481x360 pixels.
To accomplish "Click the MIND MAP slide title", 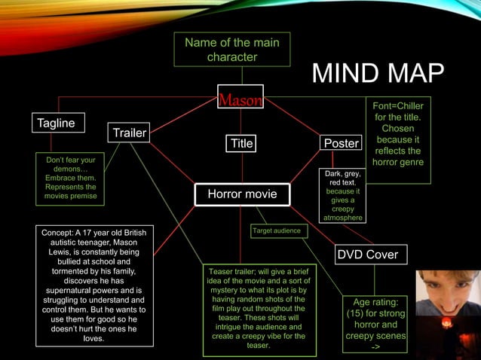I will point(378,75).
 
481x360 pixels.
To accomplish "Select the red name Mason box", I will point(241,100).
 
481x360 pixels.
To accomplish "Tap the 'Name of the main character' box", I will point(231,50).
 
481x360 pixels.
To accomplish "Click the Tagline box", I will point(57,123).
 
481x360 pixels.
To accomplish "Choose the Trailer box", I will point(130,133).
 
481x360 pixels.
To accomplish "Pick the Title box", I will point(242,143).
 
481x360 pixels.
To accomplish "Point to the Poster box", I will point(341,143).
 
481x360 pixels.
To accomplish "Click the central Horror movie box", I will point(242,194).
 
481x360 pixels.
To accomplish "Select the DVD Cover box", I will point(367,255).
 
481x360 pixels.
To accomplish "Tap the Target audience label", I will point(277,230).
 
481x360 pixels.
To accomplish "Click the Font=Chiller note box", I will point(399,140).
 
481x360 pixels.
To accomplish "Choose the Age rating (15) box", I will point(375,324).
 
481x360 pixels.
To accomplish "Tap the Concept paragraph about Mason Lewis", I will point(94,285).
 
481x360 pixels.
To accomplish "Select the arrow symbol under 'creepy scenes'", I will point(375,347).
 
